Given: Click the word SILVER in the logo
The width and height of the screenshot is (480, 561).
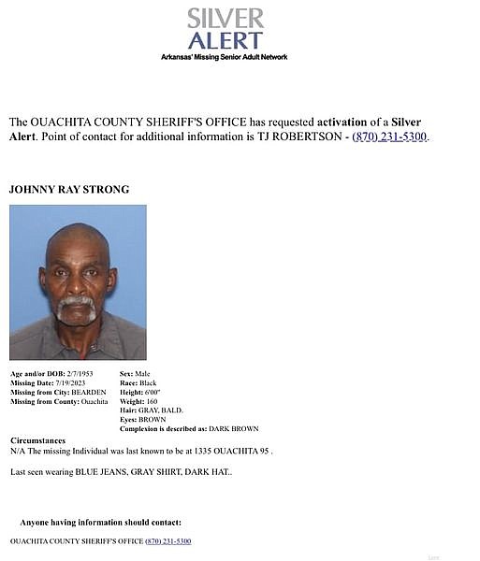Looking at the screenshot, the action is coord(225,18).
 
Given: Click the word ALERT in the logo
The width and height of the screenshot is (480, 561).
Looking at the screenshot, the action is coord(225,40).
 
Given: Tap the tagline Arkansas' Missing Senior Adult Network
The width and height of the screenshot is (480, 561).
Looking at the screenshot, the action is coord(225,57).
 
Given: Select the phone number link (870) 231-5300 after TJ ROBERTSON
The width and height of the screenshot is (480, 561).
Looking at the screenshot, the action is coord(389,137).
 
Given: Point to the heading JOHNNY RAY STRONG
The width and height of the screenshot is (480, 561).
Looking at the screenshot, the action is coord(69,190).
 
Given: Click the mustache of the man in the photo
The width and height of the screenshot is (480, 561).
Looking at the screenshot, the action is coord(76,303).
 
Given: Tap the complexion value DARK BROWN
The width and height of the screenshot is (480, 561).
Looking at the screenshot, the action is coord(233,429).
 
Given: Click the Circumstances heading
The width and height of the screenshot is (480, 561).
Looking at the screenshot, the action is coord(38,439).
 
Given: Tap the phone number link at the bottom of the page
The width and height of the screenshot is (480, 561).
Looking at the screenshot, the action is coord(168,541).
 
